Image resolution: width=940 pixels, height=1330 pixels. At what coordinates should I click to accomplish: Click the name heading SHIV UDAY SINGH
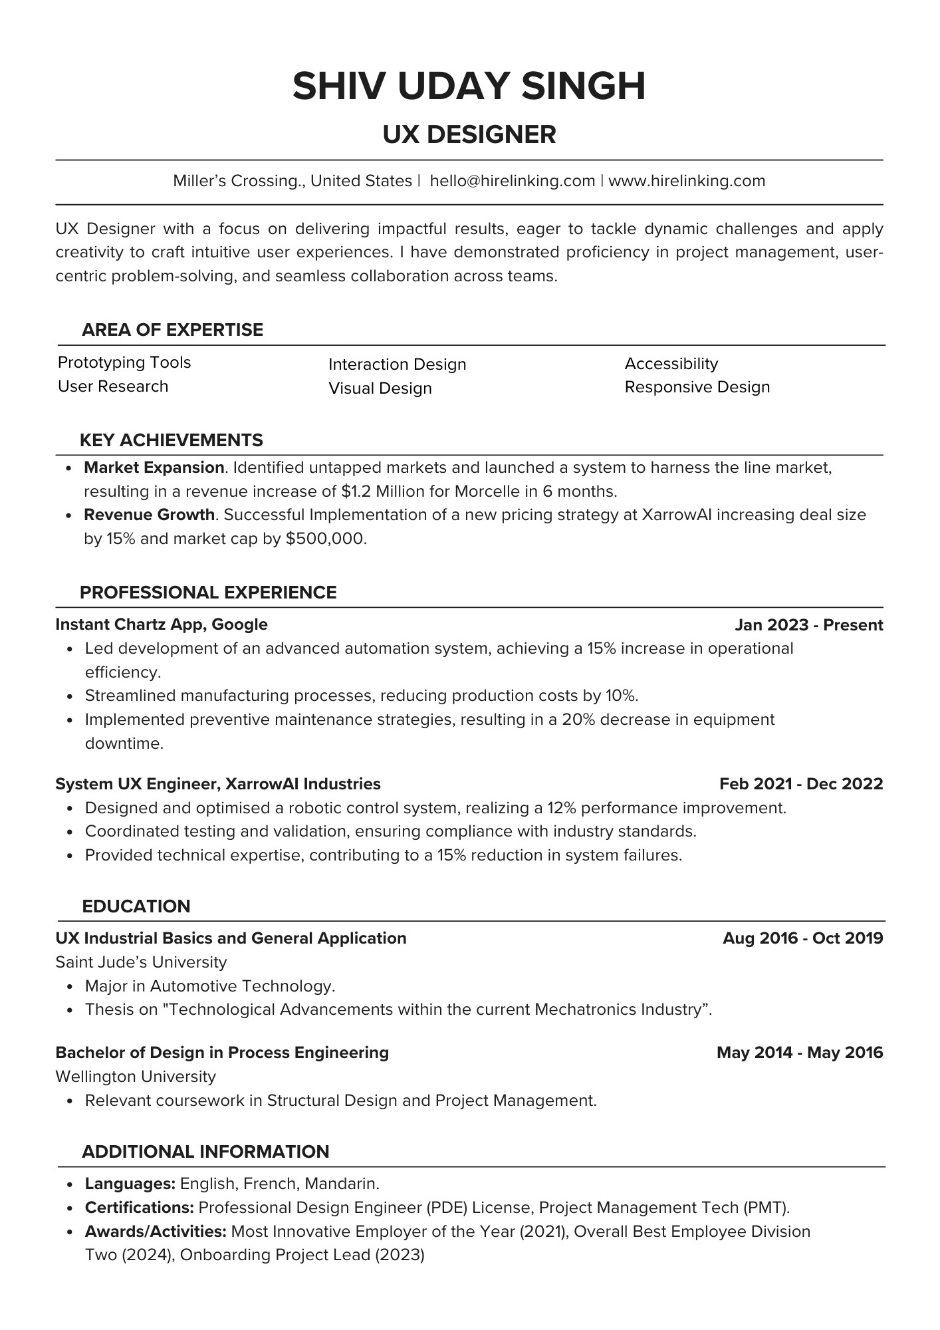pos(469,86)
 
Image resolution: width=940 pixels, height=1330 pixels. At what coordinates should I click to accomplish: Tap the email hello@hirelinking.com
pos(512,181)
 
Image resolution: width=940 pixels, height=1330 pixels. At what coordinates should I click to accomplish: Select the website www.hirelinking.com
pos(687,181)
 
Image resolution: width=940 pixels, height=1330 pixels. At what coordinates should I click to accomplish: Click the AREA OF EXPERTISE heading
pos(172,330)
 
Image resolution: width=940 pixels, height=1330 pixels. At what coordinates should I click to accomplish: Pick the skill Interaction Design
pos(397,364)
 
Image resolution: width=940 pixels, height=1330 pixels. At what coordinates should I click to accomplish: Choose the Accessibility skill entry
pos(671,364)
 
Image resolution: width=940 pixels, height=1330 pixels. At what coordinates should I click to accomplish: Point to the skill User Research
pos(113,386)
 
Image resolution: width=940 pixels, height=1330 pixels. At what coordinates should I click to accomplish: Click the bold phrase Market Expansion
pos(154,467)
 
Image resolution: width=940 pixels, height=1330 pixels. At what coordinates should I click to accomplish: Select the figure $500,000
pos(325,539)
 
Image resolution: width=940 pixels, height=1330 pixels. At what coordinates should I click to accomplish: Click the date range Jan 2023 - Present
pos(808,625)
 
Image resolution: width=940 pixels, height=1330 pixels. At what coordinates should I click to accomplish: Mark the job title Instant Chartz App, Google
pos(162,624)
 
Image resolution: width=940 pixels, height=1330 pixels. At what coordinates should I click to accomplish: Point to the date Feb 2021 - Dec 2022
pos(800,784)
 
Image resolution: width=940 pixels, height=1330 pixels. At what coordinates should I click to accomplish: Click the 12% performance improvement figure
pos(559,809)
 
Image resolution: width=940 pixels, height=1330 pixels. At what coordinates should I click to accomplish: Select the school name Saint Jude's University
pos(141,962)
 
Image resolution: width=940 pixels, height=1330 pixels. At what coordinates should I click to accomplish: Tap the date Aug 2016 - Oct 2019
pos(802,938)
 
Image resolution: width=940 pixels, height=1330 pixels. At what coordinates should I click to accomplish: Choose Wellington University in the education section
pos(136,1077)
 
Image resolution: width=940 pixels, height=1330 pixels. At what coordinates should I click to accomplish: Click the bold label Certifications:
pos(139,1208)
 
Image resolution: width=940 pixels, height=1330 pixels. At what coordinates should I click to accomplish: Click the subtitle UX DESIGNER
pos(469,134)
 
